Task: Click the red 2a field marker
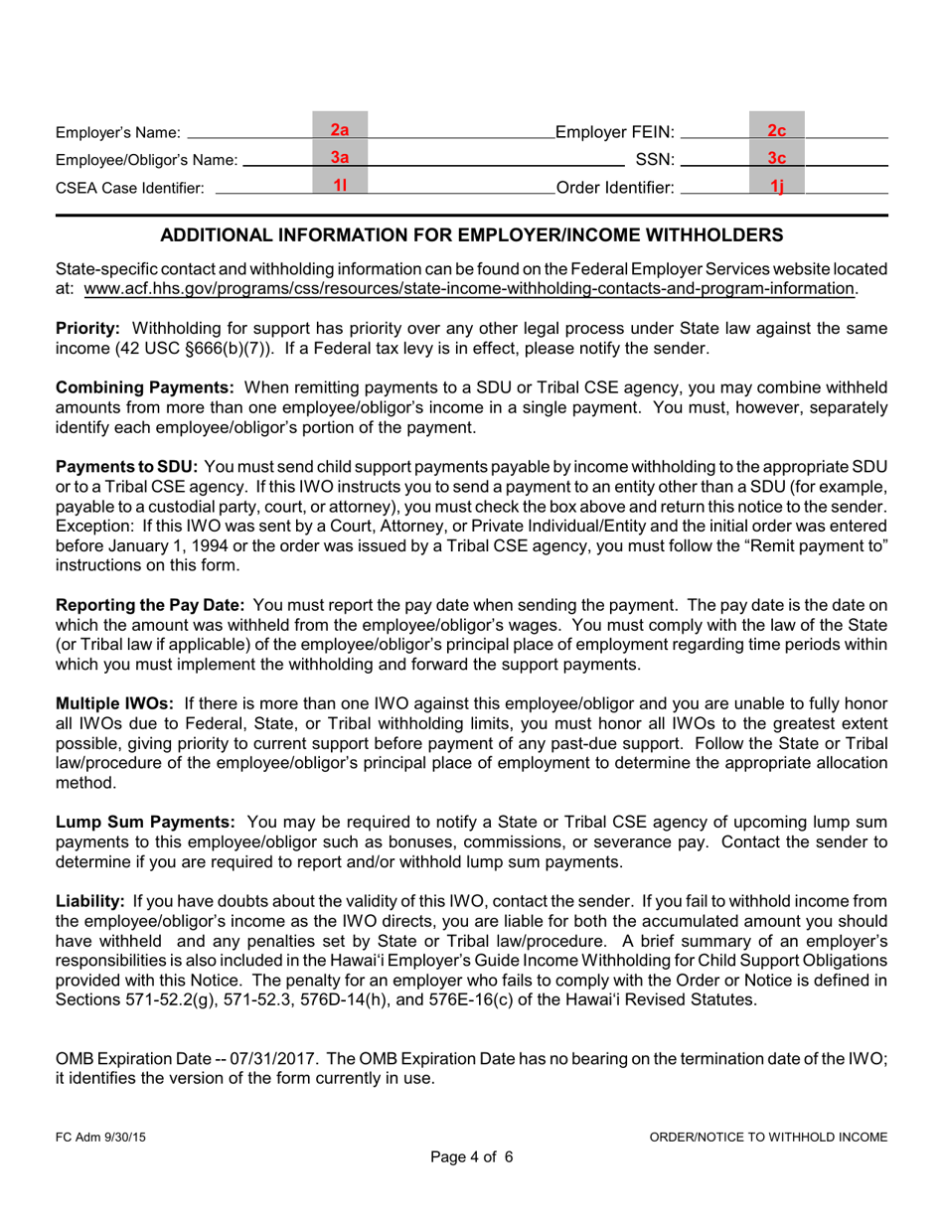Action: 340,130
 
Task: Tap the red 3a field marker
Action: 340,157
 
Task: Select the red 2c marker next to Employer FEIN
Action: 777,130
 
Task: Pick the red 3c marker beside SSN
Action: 777,157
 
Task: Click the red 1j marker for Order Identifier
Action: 777,185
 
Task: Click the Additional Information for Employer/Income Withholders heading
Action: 471,235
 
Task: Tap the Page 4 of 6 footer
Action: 471,1155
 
